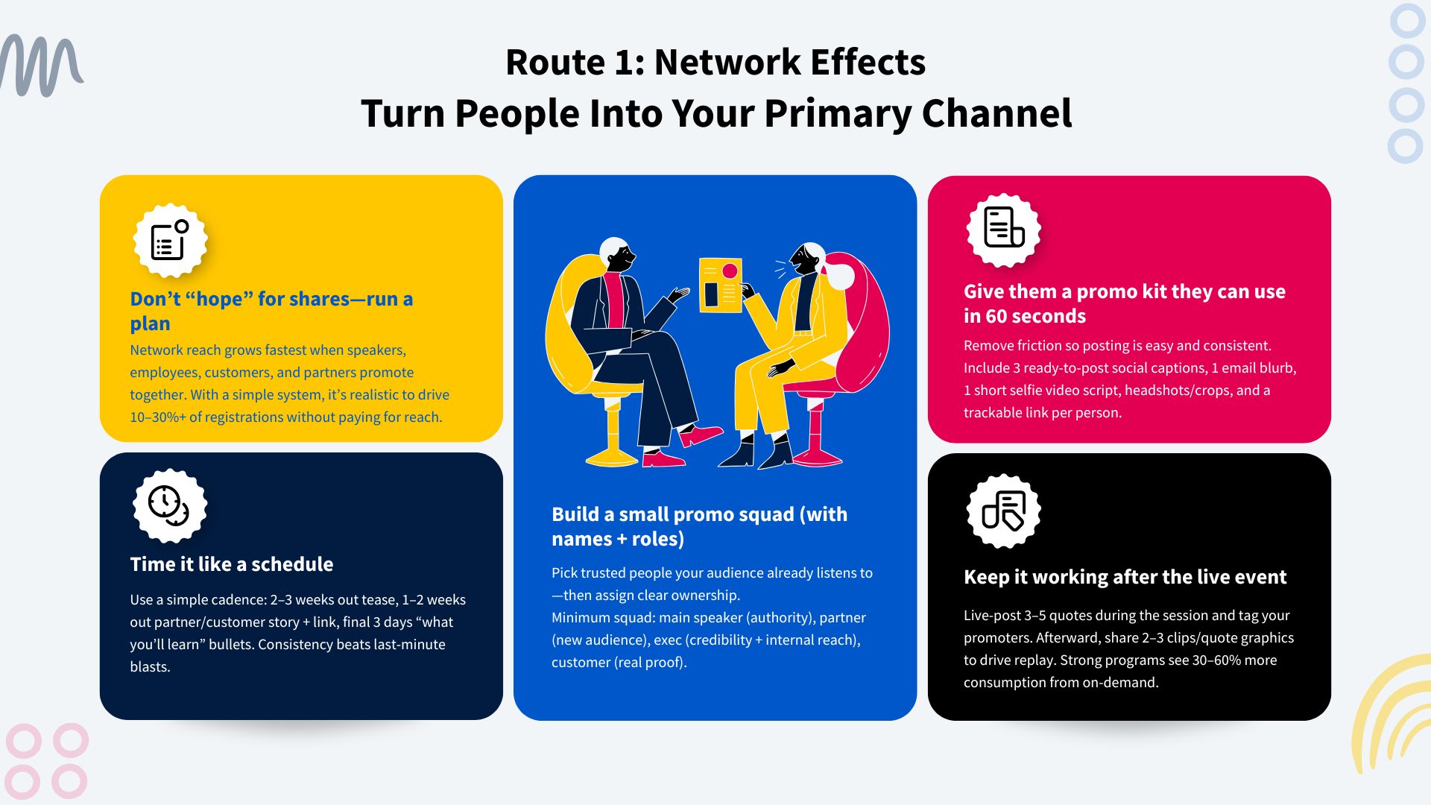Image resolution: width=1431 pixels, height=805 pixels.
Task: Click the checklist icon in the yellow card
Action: pyautogui.click(x=170, y=240)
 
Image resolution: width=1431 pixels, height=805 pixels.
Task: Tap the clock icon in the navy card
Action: pyautogui.click(x=169, y=505)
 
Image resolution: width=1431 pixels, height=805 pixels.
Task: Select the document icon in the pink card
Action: pyautogui.click(x=1003, y=229)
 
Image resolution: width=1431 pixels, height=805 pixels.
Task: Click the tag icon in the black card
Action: pyautogui.click(x=1003, y=511)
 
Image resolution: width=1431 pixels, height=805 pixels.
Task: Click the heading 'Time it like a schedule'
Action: pyautogui.click(x=231, y=564)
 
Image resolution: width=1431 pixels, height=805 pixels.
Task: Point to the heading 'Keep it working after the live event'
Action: pyautogui.click(x=1125, y=577)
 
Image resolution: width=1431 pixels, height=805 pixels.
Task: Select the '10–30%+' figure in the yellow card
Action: pyautogui.click(x=157, y=417)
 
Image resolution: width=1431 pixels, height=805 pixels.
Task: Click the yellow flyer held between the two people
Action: pyautogui.click(x=719, y=285)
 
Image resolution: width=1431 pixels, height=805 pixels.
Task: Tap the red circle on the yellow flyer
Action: pyautogui.click(x=730, y=271)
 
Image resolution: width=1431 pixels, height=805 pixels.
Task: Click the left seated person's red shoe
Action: pyautogui.click(x=701, y=435)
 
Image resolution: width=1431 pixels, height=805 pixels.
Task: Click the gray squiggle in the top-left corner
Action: pyautogui.click(x=41, y=66)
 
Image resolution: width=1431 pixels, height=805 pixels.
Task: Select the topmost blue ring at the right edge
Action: pyautogui.click(x=1407, y=21)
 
